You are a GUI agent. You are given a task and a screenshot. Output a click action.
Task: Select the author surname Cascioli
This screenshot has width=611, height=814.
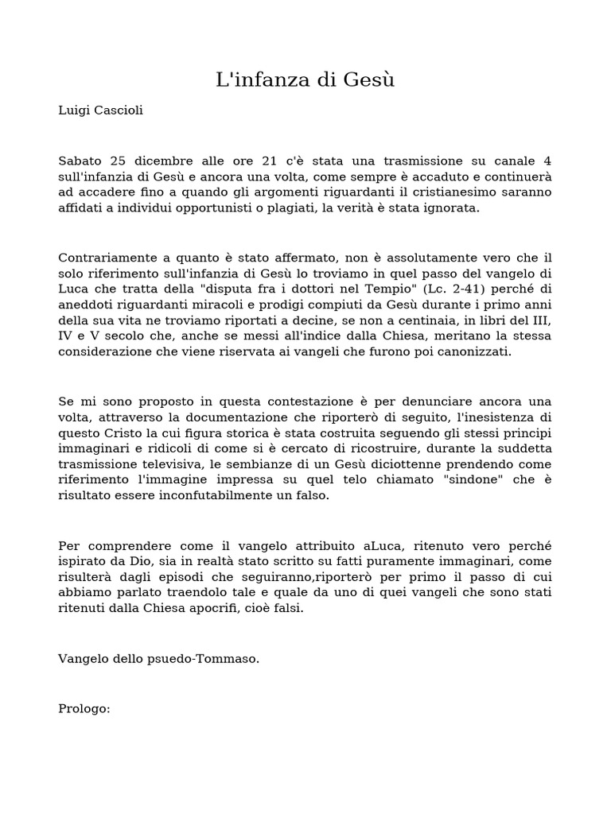click(x=118, y=110)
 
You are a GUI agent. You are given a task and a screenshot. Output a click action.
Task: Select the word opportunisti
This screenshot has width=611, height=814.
click(x=224, y=208)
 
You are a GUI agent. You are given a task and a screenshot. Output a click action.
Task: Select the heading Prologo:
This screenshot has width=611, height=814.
click(x=84, y=708)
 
